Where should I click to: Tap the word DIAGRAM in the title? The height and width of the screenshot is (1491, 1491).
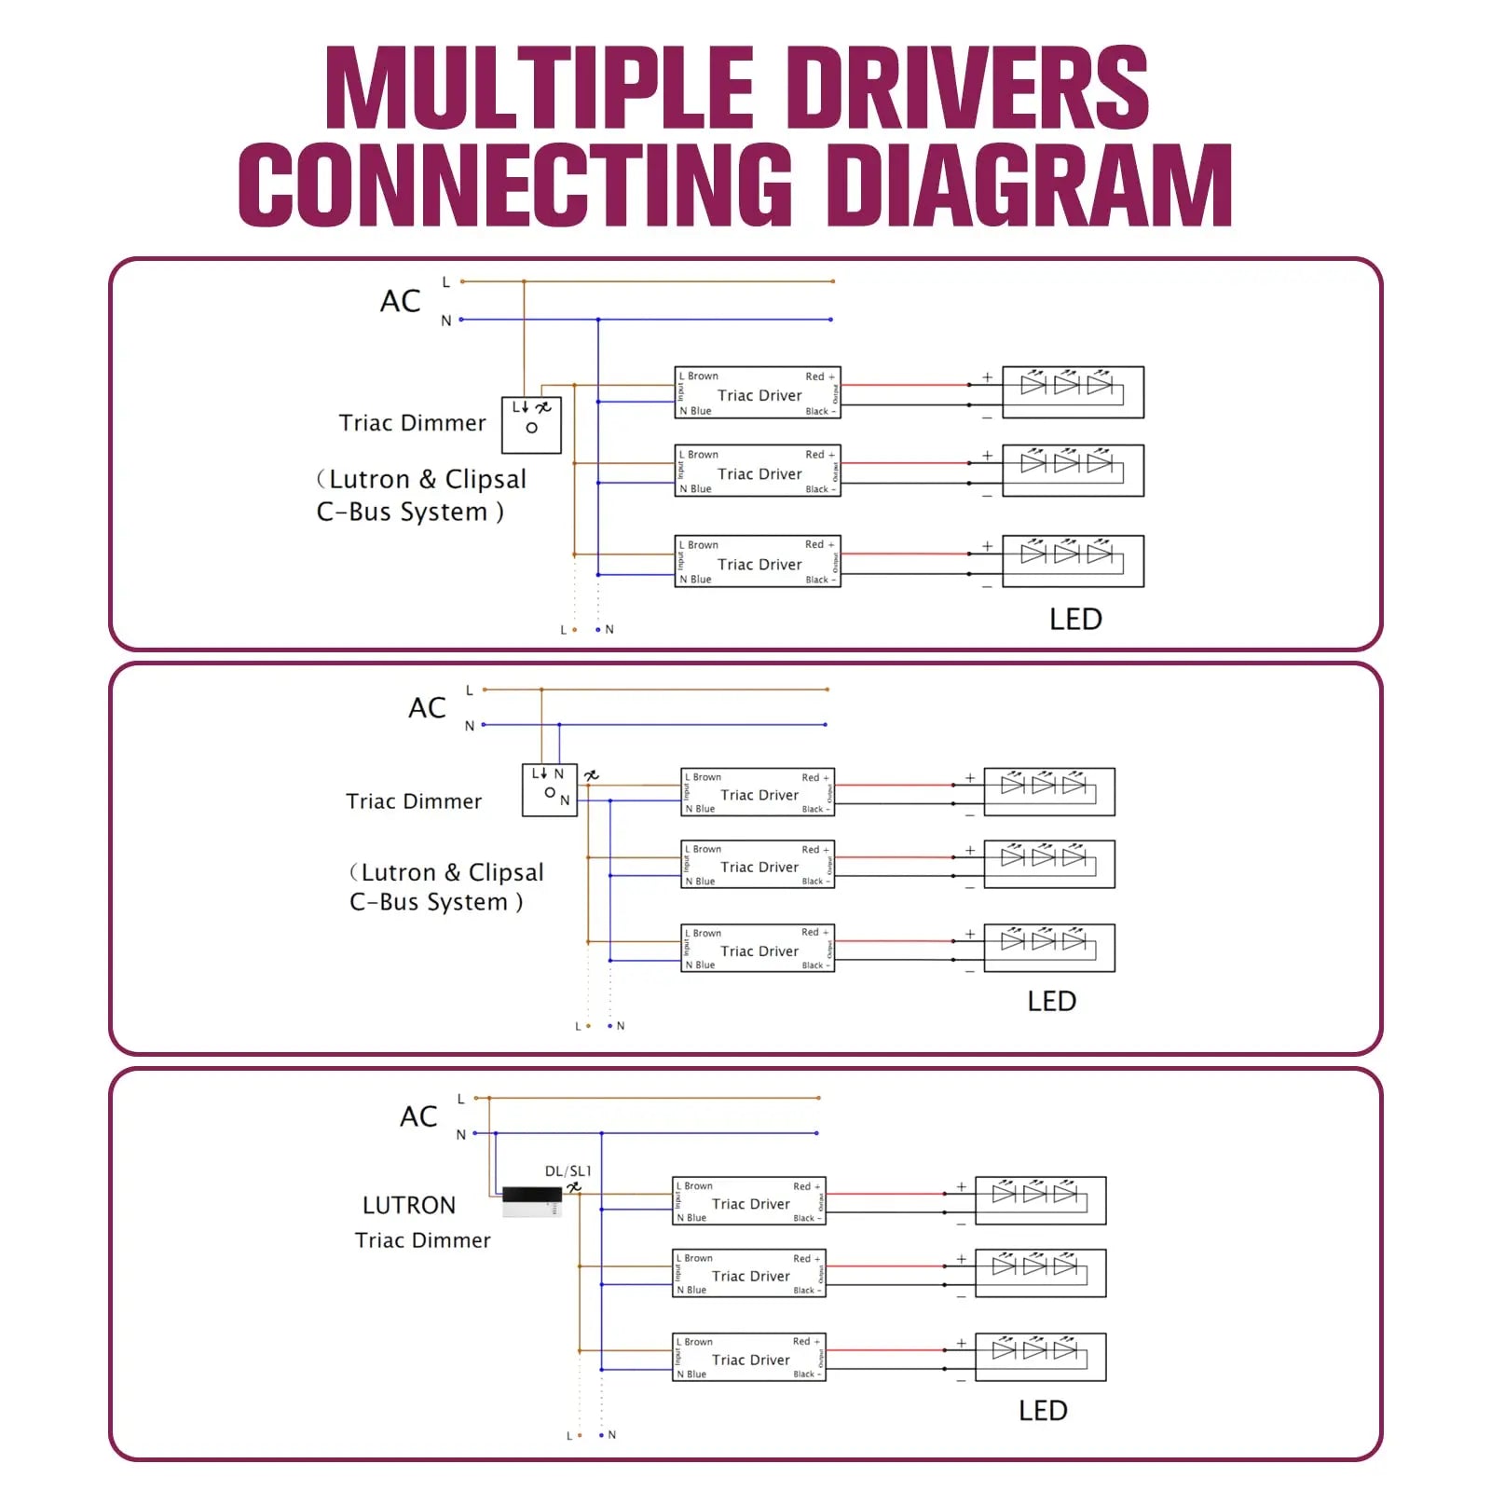(x=1029, y=185)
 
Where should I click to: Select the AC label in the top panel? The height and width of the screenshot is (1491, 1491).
(x=401, y=301)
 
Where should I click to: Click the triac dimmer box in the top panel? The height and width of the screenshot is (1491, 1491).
(x=531, y=425)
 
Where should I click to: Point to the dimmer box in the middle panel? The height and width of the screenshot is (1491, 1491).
(x=549, y=790)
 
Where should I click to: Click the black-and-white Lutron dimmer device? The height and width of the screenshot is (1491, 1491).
(x=531, y=1201)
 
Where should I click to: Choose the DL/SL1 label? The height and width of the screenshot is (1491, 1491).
(x=568, y=1170)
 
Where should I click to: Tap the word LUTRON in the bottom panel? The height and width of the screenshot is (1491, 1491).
(x=409, y=1205)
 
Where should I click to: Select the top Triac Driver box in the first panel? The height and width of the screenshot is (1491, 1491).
(x=758, y=392)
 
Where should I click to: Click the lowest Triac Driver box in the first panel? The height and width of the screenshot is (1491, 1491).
(x=758, y=561)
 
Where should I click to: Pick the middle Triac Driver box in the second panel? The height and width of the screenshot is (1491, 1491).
(x=758, y=865)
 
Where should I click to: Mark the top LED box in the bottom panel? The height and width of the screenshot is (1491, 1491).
(x=1040, y=1200)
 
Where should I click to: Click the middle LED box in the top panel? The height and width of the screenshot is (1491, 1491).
(x=1073, y=471)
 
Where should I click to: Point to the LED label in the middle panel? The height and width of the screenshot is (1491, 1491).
(x=1051, y=1001)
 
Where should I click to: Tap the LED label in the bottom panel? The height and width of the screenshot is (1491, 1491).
(x=1043, y=1410)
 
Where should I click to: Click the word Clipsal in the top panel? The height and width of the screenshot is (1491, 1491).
(x=486, y=479)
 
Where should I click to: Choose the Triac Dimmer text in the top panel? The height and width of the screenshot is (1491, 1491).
(x=412, y=423)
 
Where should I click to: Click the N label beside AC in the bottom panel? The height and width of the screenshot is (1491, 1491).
(x=460, y=1134)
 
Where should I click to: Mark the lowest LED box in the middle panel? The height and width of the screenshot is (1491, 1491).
(x=1049, y=948)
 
